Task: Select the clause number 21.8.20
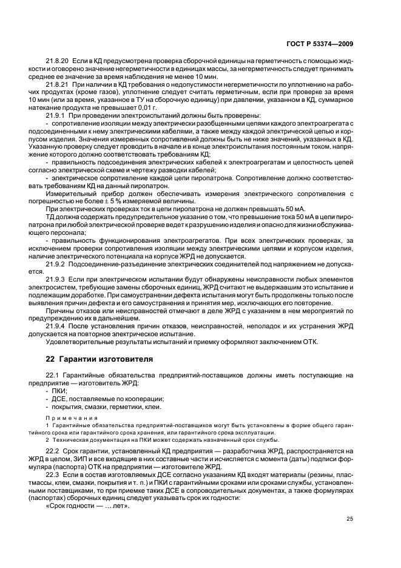click(x=58, y=63)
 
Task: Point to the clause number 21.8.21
click(x=58, y=86)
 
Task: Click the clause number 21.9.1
click(x=57, y=116)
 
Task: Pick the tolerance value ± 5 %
click(x=113, y=201)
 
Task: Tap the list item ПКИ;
click(x=60, y=391)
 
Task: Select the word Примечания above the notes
click(x=67, y=419)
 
